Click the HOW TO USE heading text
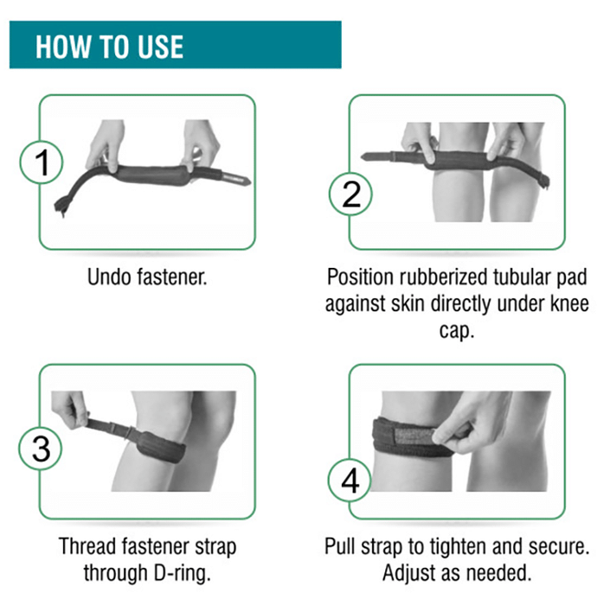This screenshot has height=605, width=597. [109, 47]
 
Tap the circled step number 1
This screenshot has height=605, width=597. [42, 162]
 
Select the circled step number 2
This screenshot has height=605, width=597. [350, 194]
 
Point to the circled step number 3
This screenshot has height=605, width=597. [40, 449]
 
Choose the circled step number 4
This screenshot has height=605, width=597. [350, 481]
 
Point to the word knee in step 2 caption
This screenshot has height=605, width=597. [569, 303]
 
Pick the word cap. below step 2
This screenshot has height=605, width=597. [457, 331]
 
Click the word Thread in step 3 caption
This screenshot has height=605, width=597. [87, 546]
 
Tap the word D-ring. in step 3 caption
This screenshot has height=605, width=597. [183, 572]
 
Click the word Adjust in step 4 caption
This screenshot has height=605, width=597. [409, 573]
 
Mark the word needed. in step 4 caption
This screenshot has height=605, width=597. [499, 572]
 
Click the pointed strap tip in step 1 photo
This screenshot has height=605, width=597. [244, 180]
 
